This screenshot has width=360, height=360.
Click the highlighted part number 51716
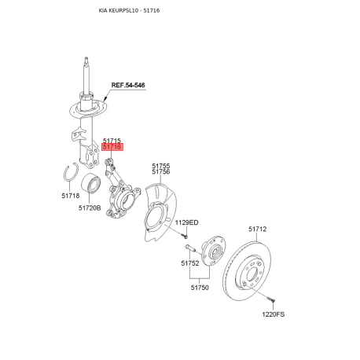[x=112, y=147]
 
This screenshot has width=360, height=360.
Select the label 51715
[x=112, y=141]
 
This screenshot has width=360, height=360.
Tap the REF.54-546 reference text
[x=128, y=85]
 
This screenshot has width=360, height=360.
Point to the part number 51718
[x=71, y=196]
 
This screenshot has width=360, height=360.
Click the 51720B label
[x=90, y=208]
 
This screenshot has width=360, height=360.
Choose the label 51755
[x=161, y=166]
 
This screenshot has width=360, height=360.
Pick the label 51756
[x=161, y=172]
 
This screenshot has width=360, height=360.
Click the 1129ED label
[x=186, y=222]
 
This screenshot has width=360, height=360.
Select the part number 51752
[x=190, y=263]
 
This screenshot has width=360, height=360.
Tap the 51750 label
[x=200, y=288]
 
